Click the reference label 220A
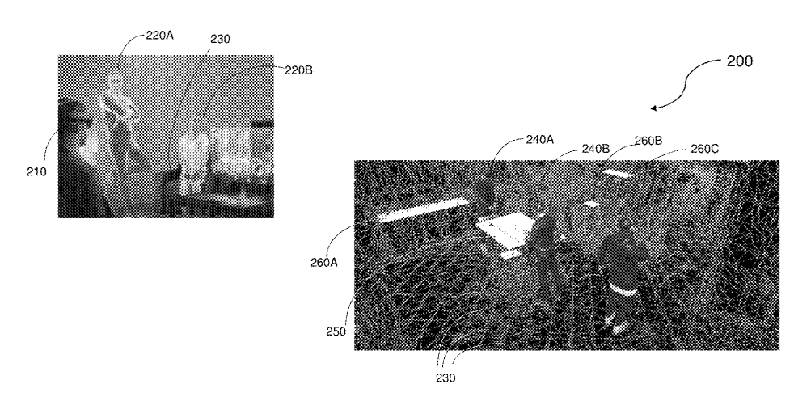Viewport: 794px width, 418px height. coord(159,36)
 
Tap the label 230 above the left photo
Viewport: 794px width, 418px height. coord(220,39)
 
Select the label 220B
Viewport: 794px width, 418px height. coord(298,70)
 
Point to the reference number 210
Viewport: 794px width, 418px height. coord(36,171)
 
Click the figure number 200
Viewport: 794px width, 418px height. coord(739,61)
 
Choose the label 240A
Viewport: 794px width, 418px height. coord(540,139)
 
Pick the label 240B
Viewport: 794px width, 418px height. coord(595,149)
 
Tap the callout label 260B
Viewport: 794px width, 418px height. coord(648,141)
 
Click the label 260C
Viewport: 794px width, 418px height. coord(704,149)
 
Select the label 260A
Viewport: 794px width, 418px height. coord(324,262)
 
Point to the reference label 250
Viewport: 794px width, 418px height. coord(336,331)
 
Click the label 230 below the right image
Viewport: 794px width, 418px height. coord(446,378)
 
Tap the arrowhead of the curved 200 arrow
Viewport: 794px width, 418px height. coord(654,108)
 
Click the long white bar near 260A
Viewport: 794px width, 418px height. coord(424,210)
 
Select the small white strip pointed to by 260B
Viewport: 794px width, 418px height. coord(617,174)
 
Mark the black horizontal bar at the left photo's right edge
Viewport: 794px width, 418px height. coord(263,124)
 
